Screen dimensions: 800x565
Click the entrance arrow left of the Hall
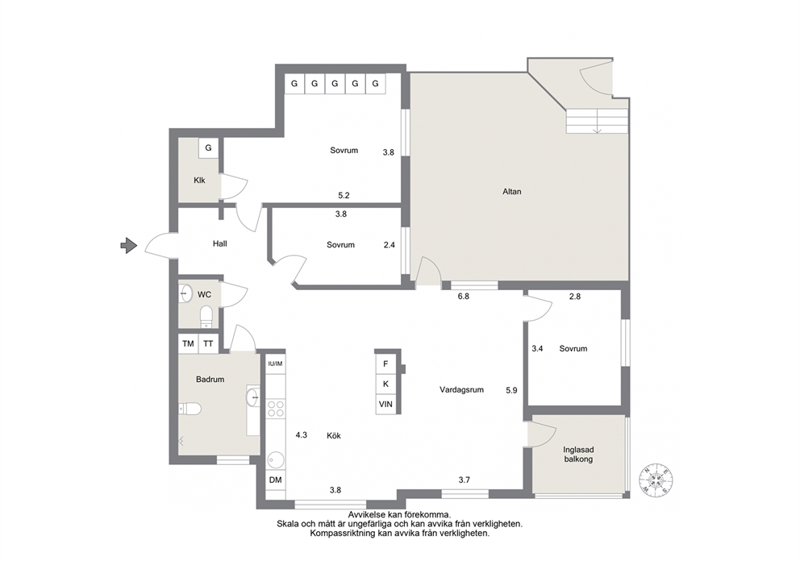[x=129, y=246]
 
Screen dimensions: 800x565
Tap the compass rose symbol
[x=656, y=480]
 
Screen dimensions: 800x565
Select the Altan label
[x=512, y=192]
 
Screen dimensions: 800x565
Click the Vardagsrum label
[x=462, y=389]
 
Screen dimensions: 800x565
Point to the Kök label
[x=334, y=435]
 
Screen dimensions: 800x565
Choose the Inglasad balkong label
[x=578, y=455]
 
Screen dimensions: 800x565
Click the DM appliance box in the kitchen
[x=276, y=480]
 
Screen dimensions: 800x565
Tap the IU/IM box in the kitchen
[x=275, y=364]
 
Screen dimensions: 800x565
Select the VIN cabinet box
[x=385, y=404]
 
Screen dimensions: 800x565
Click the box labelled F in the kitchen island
[x=385, y=364]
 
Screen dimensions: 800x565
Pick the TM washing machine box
[x=188, y=343]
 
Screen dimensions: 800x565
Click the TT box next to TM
[x=208, y=343]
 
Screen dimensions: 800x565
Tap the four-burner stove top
[x=276, y=409]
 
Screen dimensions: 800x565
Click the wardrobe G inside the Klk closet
[x=208, y=147]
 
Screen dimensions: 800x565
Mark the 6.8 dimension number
[x=463, y=296]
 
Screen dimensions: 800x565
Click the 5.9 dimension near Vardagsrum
[x=511, y=390]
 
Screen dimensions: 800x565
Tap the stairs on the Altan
[x=597, y=122]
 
